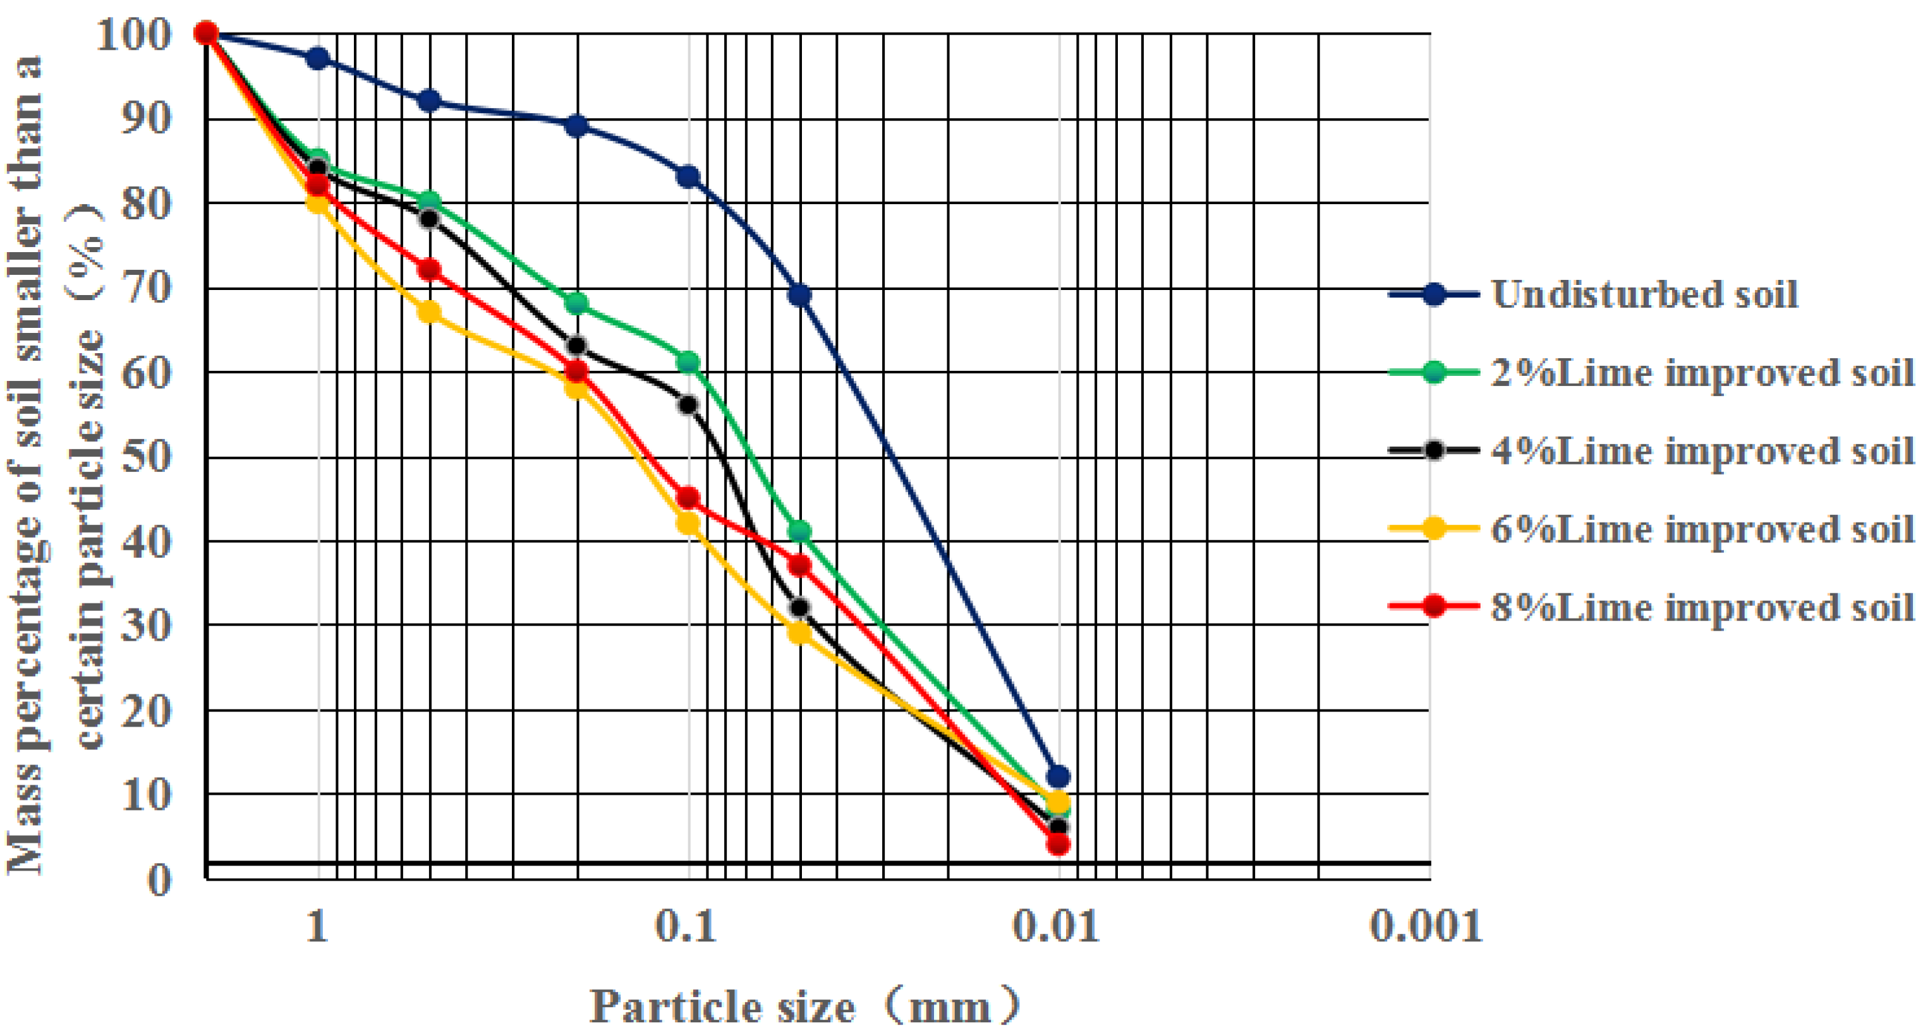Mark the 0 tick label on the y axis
pyautogui.click(x=160, y=880)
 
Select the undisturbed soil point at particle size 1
pyautogui.click(x=318, y=58)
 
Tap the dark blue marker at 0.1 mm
pyautogui.click(x=688, y=177)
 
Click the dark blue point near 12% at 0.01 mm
pyautogui.click(x=1058, y=776)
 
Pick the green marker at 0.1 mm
pyautogui.click(x=688, y=363)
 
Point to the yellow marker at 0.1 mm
pyautogui.click(x=688, y=524)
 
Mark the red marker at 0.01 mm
pyautogui.click(x=1058, y=844)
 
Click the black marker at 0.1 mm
pyautogui.click(x=688, y=404)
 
